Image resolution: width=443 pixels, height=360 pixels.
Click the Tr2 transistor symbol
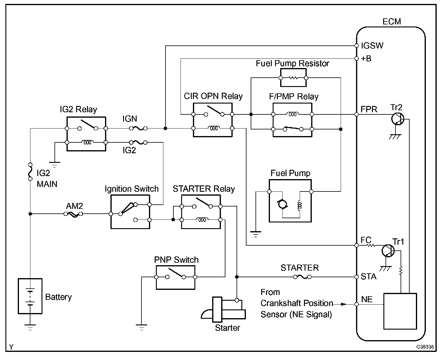tap(398, 119)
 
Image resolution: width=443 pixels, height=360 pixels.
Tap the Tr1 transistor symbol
tap(388, 251)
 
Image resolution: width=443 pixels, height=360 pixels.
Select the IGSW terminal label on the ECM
tap(372, 46)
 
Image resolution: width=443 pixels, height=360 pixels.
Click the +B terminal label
tap(366, 59)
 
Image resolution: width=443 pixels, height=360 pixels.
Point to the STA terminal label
tap(369, 277)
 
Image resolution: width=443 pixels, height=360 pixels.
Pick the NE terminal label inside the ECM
tap(367, 299)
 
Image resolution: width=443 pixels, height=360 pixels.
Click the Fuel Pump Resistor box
tap(293, 78)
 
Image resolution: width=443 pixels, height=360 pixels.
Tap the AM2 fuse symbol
tap(73, 214)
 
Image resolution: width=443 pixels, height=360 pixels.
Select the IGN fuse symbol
tap(138, 128)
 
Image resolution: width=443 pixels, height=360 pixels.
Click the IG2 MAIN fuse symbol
tap(30, 172)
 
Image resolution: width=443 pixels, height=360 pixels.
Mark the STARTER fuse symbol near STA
tap(302, 277)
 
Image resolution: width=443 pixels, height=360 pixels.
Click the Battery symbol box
tap(30, 296)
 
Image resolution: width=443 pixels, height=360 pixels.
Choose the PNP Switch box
tap(175, 278)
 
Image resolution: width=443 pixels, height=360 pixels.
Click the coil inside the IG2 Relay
tap(87, 142)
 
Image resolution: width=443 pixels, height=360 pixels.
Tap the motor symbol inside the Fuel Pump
tap(282, 204)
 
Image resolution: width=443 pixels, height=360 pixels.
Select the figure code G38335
tap(425, 347)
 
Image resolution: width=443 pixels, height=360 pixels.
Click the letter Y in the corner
tap(11, 347)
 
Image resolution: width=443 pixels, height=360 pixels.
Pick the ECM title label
tap(392, 22)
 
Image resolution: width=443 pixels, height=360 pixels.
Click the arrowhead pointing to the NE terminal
tap(344, 304)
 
